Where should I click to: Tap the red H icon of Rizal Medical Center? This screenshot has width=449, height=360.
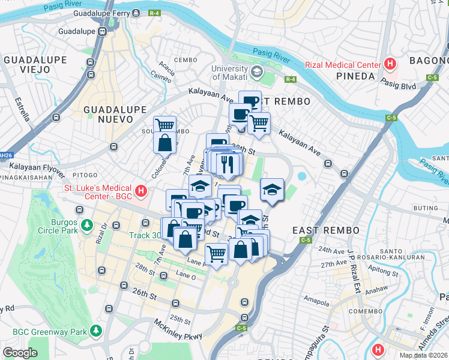point(391,64)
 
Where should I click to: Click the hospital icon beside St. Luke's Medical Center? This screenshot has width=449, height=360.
point(140,191)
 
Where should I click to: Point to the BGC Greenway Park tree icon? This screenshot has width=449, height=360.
point(95,331)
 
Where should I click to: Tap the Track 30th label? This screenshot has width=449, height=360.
point(148,235)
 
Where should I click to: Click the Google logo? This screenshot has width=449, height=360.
point(20,353)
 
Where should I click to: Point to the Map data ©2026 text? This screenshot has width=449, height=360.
point(424,355)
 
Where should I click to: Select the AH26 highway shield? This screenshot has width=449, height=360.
point(5,155)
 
